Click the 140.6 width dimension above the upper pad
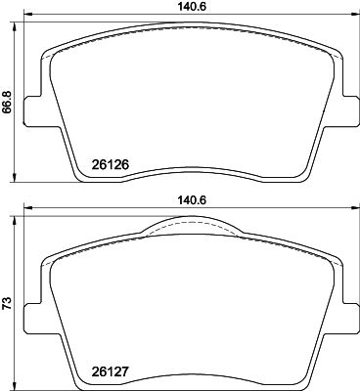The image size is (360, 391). (190, 6)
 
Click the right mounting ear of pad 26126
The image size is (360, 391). (348, 113)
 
